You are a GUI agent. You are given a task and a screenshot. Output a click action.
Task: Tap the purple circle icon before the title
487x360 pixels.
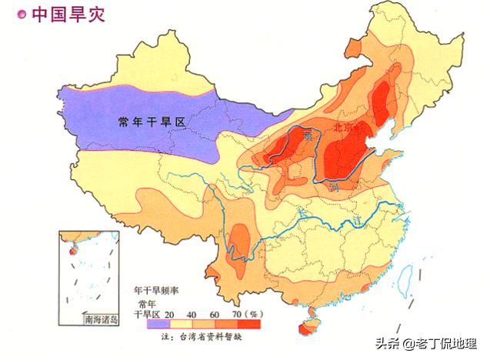[22, 13]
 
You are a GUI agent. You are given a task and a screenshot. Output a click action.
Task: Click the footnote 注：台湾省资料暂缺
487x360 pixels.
[209, 337]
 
